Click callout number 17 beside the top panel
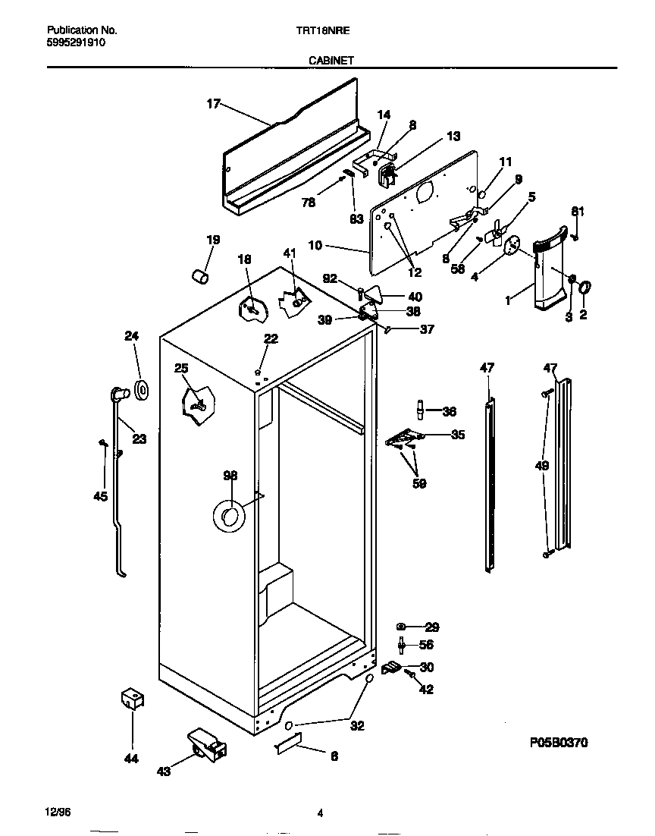pyautogui.click(x=213, y=104)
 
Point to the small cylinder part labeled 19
pyautogui.click(x=199, y=277)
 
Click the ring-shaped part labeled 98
pyautogui.click(x=229, y=516)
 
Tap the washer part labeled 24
pyautogui.click(x=141, y=391)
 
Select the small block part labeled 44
pyautogui.click(x=133, y=699)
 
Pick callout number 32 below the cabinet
pyautogui.click(x=357, y=726)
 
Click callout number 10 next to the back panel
pyautogui.click(x=316, y=245)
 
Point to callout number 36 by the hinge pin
pyautogui.click(x=449, y=411)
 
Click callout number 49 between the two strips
pyautogui.click(x=541, y=466)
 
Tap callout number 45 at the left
pyautogui.click(x=100, y=496)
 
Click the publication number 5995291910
pyautogui.click(x=76, y=43)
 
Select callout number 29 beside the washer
pyautogui.click(x=431, y=627)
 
